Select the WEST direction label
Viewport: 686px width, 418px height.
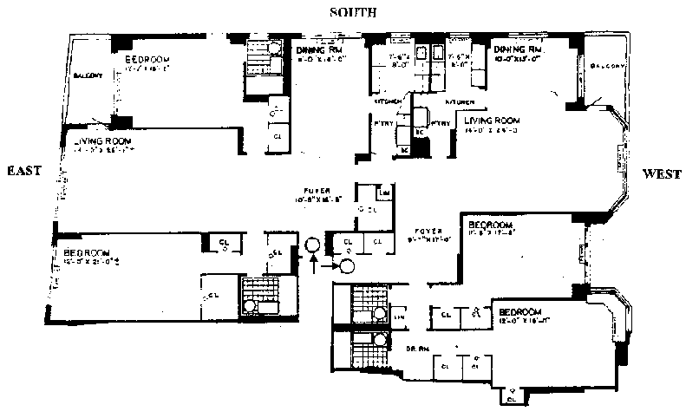tap(661, 174)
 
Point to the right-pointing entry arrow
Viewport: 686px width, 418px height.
tap(330, 266)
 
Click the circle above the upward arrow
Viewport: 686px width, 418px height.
tap(314, 244)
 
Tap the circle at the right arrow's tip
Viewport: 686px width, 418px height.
tap(347, 266)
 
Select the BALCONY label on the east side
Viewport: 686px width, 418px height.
tap(88, 75)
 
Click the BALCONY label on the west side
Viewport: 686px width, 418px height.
tap(604, 66)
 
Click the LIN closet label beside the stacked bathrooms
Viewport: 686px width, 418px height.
tap(398, 318)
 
